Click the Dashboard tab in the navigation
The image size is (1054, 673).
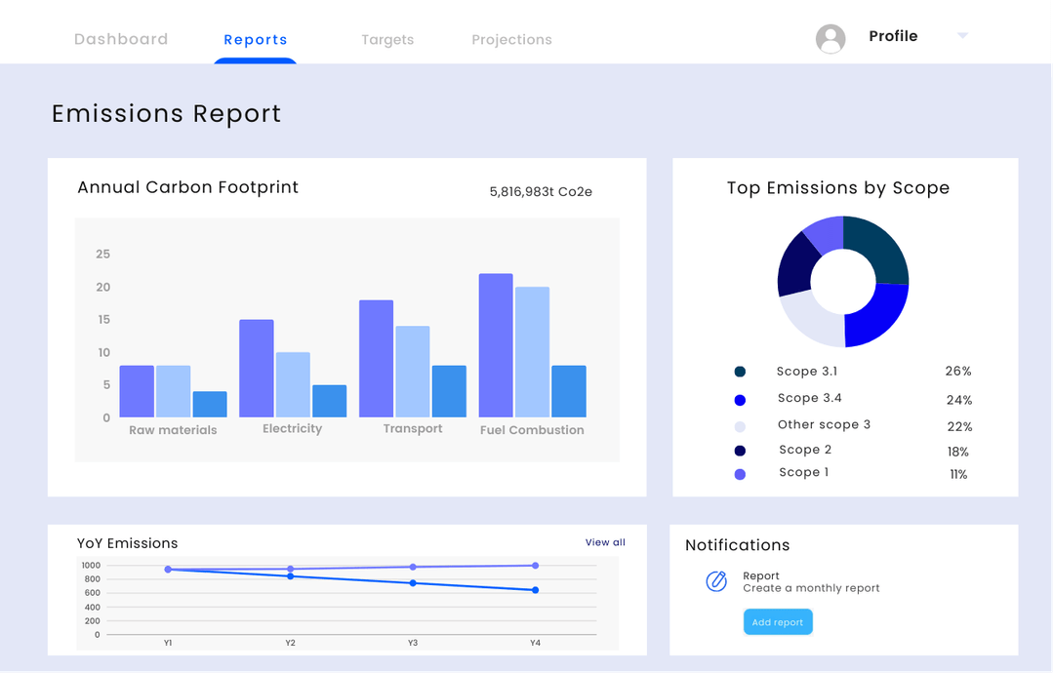click(121, 40)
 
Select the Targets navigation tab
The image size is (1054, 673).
click(387, 40)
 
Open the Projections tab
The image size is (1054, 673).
click(511, 40)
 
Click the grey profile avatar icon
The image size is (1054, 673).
click(831, 39)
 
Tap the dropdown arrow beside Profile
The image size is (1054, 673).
click(962, 36)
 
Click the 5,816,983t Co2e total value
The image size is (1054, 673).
click(541, 192)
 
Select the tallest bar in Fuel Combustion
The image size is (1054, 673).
click(496, 345)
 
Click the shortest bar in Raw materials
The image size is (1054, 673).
click(210, 404)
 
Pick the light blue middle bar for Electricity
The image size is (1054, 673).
click(293, 384)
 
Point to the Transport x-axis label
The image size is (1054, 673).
click(413, 429)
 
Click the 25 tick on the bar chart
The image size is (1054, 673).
click(102, 255)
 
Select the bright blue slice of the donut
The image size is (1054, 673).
click(876, 314)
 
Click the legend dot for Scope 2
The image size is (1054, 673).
click(740, 451)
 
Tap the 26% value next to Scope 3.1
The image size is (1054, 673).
click(958, 372)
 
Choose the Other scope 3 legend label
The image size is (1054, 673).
click(824, 425)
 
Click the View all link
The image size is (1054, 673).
click(605, 542)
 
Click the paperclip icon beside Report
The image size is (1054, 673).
click(716, 581)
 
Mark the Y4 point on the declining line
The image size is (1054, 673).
click(535, 590)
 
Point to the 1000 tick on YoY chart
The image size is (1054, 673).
click(91, 566)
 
